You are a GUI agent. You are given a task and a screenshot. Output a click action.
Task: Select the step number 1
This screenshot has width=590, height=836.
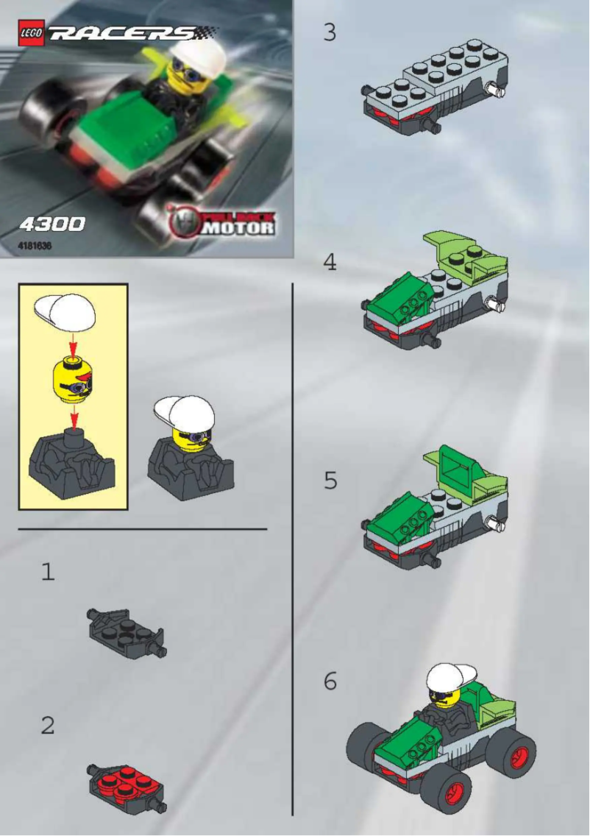(x=48, y=572)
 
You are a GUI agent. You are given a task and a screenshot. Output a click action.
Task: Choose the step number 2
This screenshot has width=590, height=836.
(x=48, y=726)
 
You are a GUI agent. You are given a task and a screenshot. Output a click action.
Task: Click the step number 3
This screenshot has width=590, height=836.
(x=330, y=33)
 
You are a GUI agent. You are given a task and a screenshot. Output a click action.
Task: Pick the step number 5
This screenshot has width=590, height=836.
(x=330, y=481)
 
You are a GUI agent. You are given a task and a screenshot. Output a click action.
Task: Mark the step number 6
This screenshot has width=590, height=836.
(x=330, y=681)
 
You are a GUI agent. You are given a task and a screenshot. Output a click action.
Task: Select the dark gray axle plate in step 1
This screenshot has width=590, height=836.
(x=127, y=631)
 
